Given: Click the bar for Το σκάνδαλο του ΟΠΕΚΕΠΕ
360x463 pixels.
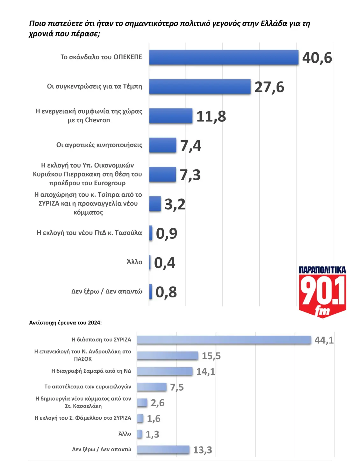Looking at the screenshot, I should [224, 57].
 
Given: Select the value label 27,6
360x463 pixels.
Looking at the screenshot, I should [269, 87].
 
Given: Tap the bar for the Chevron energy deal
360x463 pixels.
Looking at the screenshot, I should [171, 116].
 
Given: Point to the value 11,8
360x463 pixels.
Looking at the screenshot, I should [211, 116].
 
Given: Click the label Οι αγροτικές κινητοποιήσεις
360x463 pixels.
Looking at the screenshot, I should [99, 145].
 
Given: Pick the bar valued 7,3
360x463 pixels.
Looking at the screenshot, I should [162, 175].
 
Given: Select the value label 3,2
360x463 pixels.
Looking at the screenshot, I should [175, 204].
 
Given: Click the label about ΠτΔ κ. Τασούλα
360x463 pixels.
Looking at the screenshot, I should [89, 233].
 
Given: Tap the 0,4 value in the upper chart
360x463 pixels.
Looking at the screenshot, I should [165, 263].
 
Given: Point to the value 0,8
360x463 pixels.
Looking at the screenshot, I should [166, 292].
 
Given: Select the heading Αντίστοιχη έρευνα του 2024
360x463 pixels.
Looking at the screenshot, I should [65, 323].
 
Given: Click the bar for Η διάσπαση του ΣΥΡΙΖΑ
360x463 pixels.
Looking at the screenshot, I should [224, 340].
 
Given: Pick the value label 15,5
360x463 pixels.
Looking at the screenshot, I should [211, 356].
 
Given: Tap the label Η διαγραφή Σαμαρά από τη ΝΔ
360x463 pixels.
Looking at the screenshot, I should [91, 371].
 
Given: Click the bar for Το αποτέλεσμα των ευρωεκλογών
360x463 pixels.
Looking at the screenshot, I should [152, 387].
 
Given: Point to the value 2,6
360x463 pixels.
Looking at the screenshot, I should [157, 403].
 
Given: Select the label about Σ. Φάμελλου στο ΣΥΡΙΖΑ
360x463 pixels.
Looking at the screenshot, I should [83, 418].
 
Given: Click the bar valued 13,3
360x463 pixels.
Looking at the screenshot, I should [163, 450].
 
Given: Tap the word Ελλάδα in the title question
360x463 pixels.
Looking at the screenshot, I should [274, 24].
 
